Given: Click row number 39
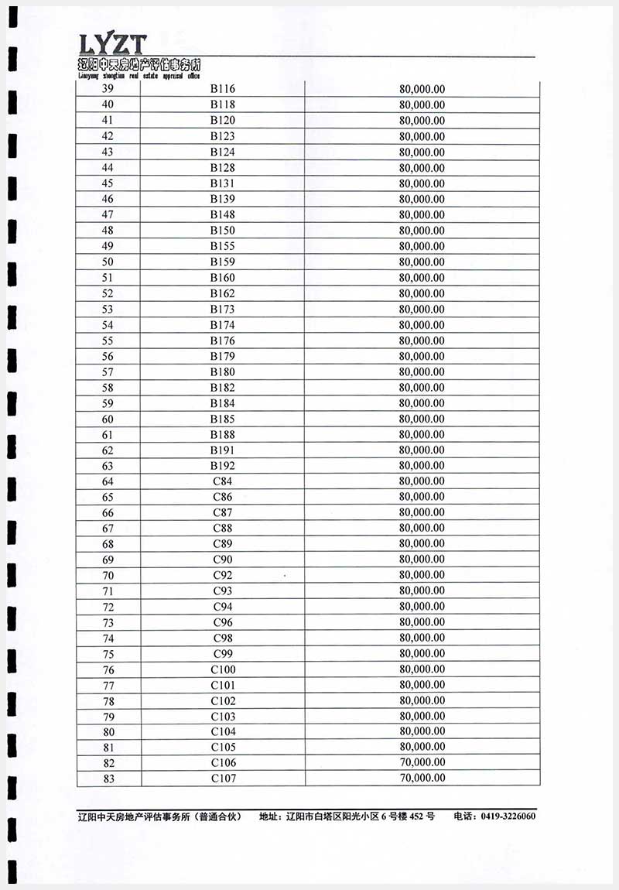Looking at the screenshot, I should tap(108, 89).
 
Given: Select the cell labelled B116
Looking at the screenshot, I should tap(223, 89).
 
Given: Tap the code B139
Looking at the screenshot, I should tap(223, 199).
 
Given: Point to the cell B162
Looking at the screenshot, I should tap(223, 293).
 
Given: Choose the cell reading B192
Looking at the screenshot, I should tap(223, 466).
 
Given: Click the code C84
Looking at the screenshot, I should tap(223, 481).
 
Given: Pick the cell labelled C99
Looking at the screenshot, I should tap(223, 653).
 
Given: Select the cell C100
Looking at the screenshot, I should tap(223, 669).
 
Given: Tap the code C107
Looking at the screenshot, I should tap(223, 779).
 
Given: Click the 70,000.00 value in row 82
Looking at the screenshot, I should tap(422, 763).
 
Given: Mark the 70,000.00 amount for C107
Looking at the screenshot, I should tap(422, 779).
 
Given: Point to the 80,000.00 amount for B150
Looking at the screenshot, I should tap(422, 231).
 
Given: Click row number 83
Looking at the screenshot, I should tap(108, 779).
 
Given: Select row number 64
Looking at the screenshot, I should tap(108, 481).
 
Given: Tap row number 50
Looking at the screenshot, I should tap(108, 262).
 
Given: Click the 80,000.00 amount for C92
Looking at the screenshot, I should tap(422, 575).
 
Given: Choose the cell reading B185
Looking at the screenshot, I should tap(223, 419).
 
